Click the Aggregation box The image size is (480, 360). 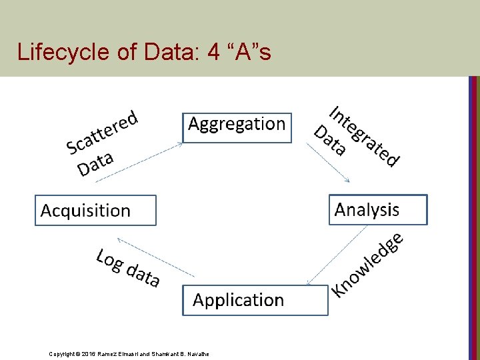[237, 127]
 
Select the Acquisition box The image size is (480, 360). [95, 211]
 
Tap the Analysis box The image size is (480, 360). [377, 210]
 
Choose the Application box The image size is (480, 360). [255, 300]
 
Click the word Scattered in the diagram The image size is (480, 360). [102, 132]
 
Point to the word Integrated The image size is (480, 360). [365, 136]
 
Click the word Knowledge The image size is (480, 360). [369, 263]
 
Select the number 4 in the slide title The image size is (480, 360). [213, 51]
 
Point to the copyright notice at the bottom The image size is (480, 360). [129, 353]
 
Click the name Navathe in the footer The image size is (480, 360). [197, 353]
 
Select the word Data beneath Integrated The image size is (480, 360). [329, 140]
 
